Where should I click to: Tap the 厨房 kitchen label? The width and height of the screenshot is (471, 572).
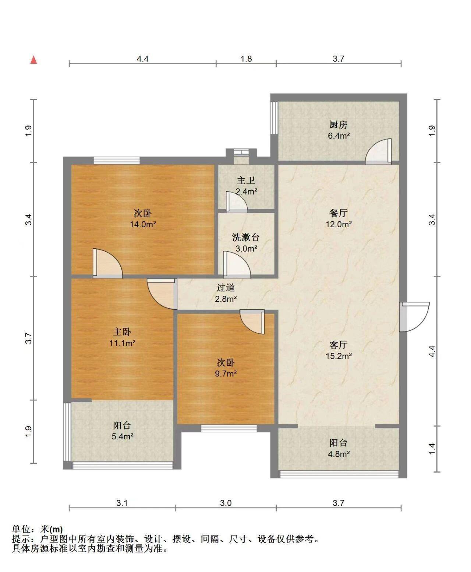[x=338, y=124]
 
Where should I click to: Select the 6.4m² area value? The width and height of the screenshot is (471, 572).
[x=339, y=136]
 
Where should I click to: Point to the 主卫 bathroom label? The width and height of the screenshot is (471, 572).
[x=246, y=180]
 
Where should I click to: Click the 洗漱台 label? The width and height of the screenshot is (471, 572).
[x=245, y=237]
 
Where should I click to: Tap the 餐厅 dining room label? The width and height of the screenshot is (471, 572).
[x=338, y=213]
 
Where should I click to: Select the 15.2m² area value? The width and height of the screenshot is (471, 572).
[x=339, y=356]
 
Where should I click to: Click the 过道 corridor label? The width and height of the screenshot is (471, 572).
[x=226, y=287]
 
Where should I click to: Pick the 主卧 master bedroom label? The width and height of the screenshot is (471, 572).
[x=122, y=332]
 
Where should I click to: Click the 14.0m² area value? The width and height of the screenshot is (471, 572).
[x=142, y=224]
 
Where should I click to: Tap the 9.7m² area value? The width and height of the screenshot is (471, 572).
[x=226, y=373]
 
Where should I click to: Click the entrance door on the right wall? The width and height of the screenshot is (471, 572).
[x=414, y=317]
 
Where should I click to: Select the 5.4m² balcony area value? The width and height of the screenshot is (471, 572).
[x=122, y=436]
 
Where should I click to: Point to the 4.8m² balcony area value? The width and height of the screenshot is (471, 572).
[x=339, y=454]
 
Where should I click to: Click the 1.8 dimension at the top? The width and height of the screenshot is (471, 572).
[x=246, y=59]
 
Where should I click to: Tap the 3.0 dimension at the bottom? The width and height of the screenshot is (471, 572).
[x=226, y=503]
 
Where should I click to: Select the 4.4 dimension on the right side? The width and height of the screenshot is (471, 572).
[x=432, y=351]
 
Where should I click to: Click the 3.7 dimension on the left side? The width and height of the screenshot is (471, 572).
[x=28, y=338]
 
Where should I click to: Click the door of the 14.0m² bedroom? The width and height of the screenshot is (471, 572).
[x=107, y=263]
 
